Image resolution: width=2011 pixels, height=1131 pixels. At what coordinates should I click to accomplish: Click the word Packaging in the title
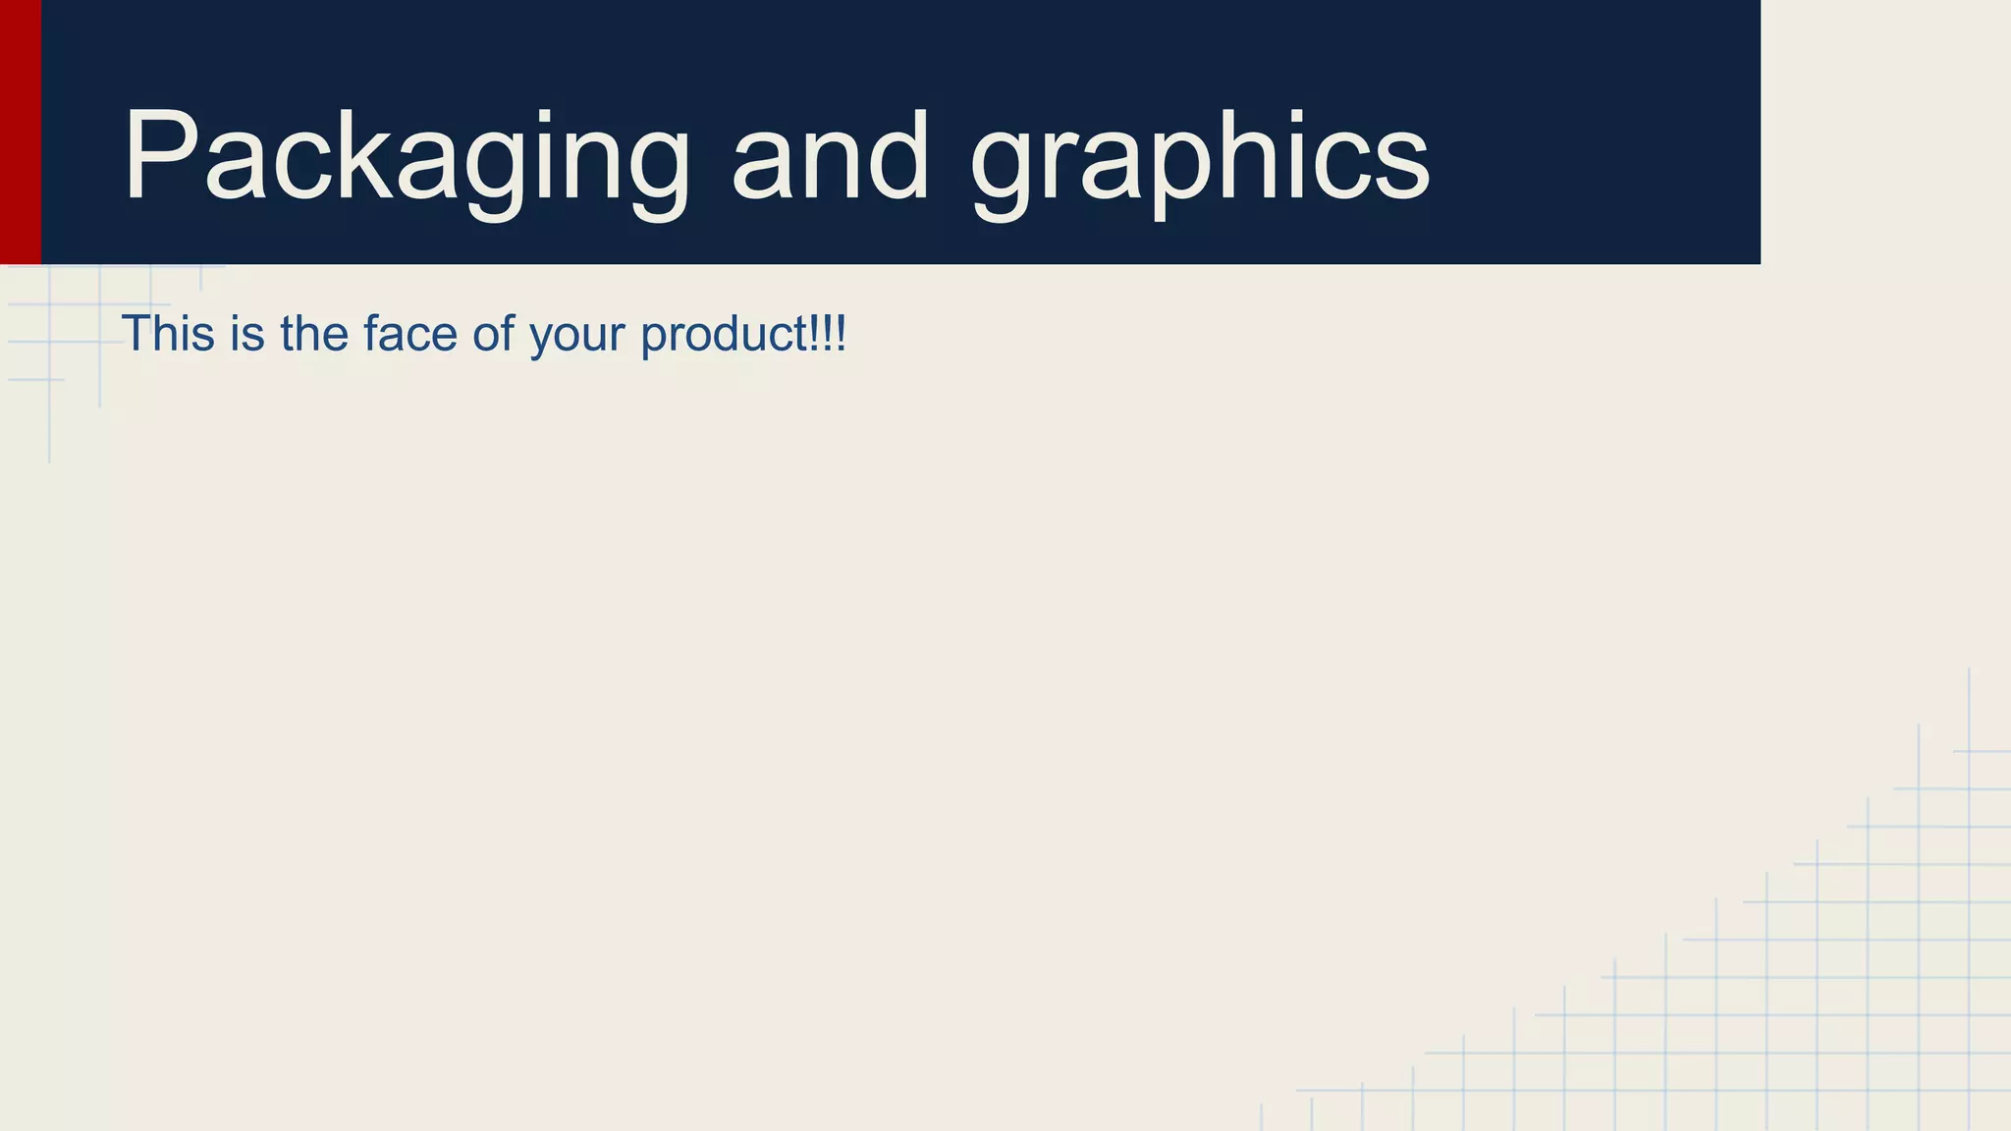pyautogui.click(x=407, y=157)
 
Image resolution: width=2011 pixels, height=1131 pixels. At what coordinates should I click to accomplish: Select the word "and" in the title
pyautogui.click(x=831, y=157)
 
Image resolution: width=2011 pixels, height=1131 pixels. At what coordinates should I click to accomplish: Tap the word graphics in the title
pyautogui.click(x=1200, y=157)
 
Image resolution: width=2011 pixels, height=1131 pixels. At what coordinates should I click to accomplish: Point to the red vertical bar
pyautogui.click(x=20, y=132)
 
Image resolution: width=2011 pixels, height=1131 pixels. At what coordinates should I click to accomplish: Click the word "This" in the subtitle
pyautogui.click(x=168, y=334)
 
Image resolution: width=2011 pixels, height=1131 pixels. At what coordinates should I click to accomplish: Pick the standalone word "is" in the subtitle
pyautogui.click(x=247, y=334)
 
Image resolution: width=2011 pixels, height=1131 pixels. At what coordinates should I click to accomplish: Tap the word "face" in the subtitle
pyautogui.click(x=410, y=334)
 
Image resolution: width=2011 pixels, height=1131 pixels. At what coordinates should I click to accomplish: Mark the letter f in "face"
pyautogui.click(x=370, y=334)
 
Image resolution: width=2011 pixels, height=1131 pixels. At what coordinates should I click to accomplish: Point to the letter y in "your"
pyautogui.click(x=541, y=338)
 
